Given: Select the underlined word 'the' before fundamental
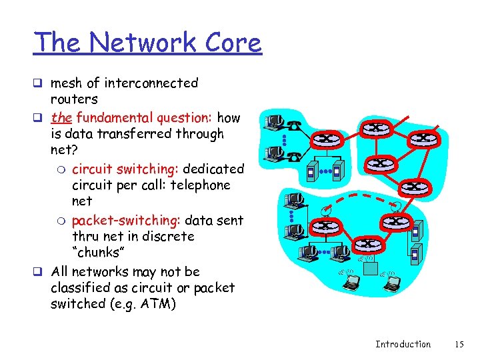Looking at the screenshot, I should click(61, 118).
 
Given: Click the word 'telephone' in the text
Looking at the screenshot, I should click(199, 185).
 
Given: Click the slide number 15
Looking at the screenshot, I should click(459, 345).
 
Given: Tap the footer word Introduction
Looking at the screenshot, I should click(403, 345).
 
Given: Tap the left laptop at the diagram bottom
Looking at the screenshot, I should click(350, 283).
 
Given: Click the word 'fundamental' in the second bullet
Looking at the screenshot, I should click(115, 118).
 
